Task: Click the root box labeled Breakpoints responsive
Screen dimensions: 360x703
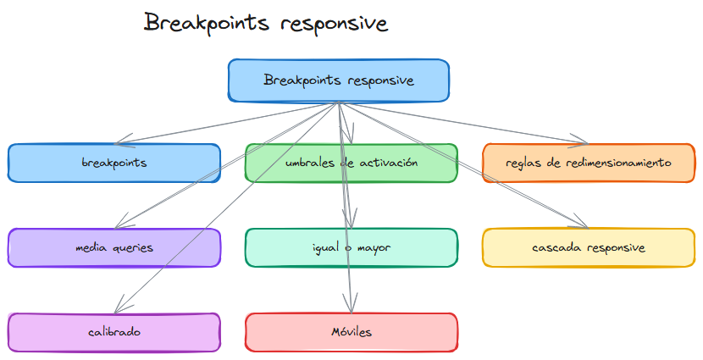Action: (339, 81)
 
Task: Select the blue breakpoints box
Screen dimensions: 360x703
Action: (114, 163)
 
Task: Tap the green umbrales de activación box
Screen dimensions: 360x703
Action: (351, 163)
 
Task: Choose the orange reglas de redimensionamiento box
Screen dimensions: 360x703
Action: (589, 163)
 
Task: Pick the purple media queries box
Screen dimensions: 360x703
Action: (114, 247)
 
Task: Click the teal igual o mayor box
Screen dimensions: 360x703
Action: (351, 247)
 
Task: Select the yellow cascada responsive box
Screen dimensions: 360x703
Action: (589, 247)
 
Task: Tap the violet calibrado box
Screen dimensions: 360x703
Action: (114, 332)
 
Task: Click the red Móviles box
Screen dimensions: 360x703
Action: (351, 332)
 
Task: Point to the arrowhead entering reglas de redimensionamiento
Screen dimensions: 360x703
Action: (582, 141)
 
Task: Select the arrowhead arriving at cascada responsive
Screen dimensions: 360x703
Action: (581, 224)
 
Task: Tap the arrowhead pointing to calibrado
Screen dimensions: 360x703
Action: (119, 307)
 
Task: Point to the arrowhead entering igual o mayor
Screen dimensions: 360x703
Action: (346, 222)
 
